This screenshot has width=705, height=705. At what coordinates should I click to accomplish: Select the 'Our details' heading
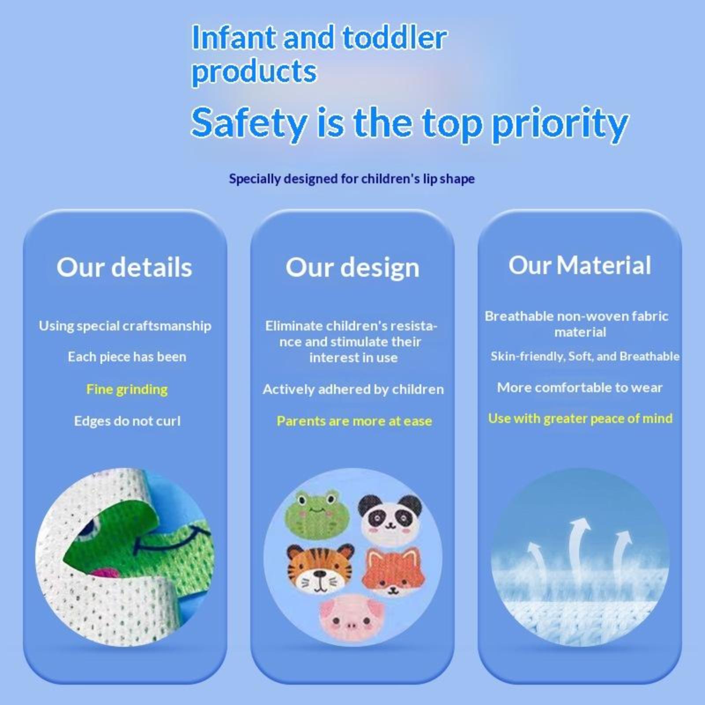tap(124, 267)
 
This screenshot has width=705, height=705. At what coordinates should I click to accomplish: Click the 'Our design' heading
tap(352, 268)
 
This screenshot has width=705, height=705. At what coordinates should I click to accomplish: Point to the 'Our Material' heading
tap(580, 265)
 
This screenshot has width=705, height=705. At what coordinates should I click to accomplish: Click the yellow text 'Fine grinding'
tap(127, 390)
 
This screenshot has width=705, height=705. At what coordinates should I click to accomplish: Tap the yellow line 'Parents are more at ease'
tap(354, 421)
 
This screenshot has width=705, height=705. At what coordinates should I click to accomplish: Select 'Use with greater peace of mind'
tap(580, 419)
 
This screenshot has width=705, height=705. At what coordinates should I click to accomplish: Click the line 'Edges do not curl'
tap(127, 421)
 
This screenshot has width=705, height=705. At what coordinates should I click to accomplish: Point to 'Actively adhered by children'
tap(353, 390)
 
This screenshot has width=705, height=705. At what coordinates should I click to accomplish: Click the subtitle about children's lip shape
tap(352, 179)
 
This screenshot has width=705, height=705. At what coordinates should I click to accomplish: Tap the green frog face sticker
tap(317, 513)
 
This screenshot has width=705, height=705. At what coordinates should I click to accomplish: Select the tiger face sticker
tap(320, 568)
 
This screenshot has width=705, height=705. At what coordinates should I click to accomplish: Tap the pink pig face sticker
tap(351, 616)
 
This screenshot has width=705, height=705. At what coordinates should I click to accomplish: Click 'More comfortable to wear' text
tap(580, 388)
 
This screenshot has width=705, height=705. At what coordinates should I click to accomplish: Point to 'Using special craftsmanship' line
tap(125, 326)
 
